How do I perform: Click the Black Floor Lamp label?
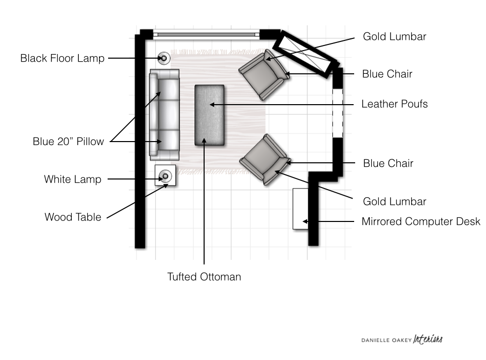tap(62, 58)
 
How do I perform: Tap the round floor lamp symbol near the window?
tap(164, 59)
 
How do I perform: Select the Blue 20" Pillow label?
tap(68, 142)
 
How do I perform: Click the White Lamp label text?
tap(72, 179)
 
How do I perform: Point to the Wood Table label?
tap(73, 217)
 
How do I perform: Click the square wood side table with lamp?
tap(165, 176)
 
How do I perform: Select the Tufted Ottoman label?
tap(204, 277)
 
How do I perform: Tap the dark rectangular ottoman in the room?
tap(210, 115)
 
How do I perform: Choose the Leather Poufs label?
tap(395, 104)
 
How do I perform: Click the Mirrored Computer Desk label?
tap(421, 221)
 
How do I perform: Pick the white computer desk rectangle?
tap(301, 209)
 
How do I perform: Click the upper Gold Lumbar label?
tap(395, 36)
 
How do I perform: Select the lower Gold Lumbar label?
tap(395, 202)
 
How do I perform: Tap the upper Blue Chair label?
tap(387, 74)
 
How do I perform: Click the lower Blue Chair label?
tap(388, 163)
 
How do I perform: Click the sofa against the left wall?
tap(165, 114)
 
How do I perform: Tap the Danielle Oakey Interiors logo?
tap(402, 339)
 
